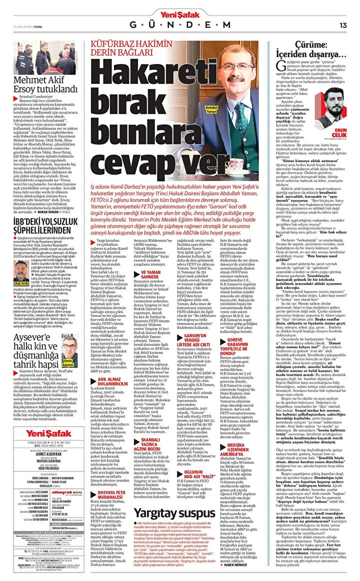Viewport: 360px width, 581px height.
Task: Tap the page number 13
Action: click(343, 25)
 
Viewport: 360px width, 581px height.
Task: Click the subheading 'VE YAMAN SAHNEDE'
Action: click(153, 274)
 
